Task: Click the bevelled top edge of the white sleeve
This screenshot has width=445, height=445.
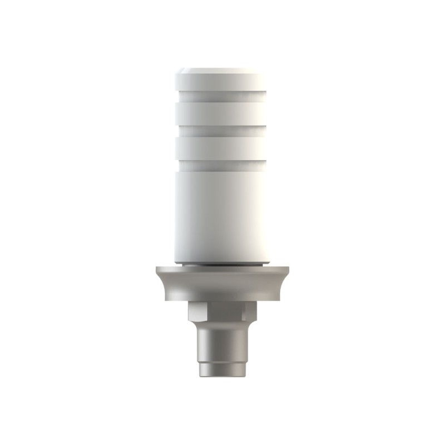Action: click(x=222, y=72)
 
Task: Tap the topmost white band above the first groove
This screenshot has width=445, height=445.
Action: click(x=222, y=87)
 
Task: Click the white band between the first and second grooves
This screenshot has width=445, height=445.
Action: click(x=222, y=114)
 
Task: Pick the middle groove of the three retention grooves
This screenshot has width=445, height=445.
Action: click(x=222, y=130)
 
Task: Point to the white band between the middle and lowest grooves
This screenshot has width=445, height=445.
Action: click(x=222, y=147)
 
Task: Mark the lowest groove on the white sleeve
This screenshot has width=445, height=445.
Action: click(x=222, y=162)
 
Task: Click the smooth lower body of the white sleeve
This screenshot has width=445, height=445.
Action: click(x=222, y=211)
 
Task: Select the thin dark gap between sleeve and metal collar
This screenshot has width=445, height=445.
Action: click(x=222, y=265)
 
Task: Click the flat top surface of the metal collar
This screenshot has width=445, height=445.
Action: click(x=222, y=269)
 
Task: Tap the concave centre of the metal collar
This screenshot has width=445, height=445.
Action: click(x=222, y=286)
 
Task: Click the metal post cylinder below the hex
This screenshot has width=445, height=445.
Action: click(x=222, y=345)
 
